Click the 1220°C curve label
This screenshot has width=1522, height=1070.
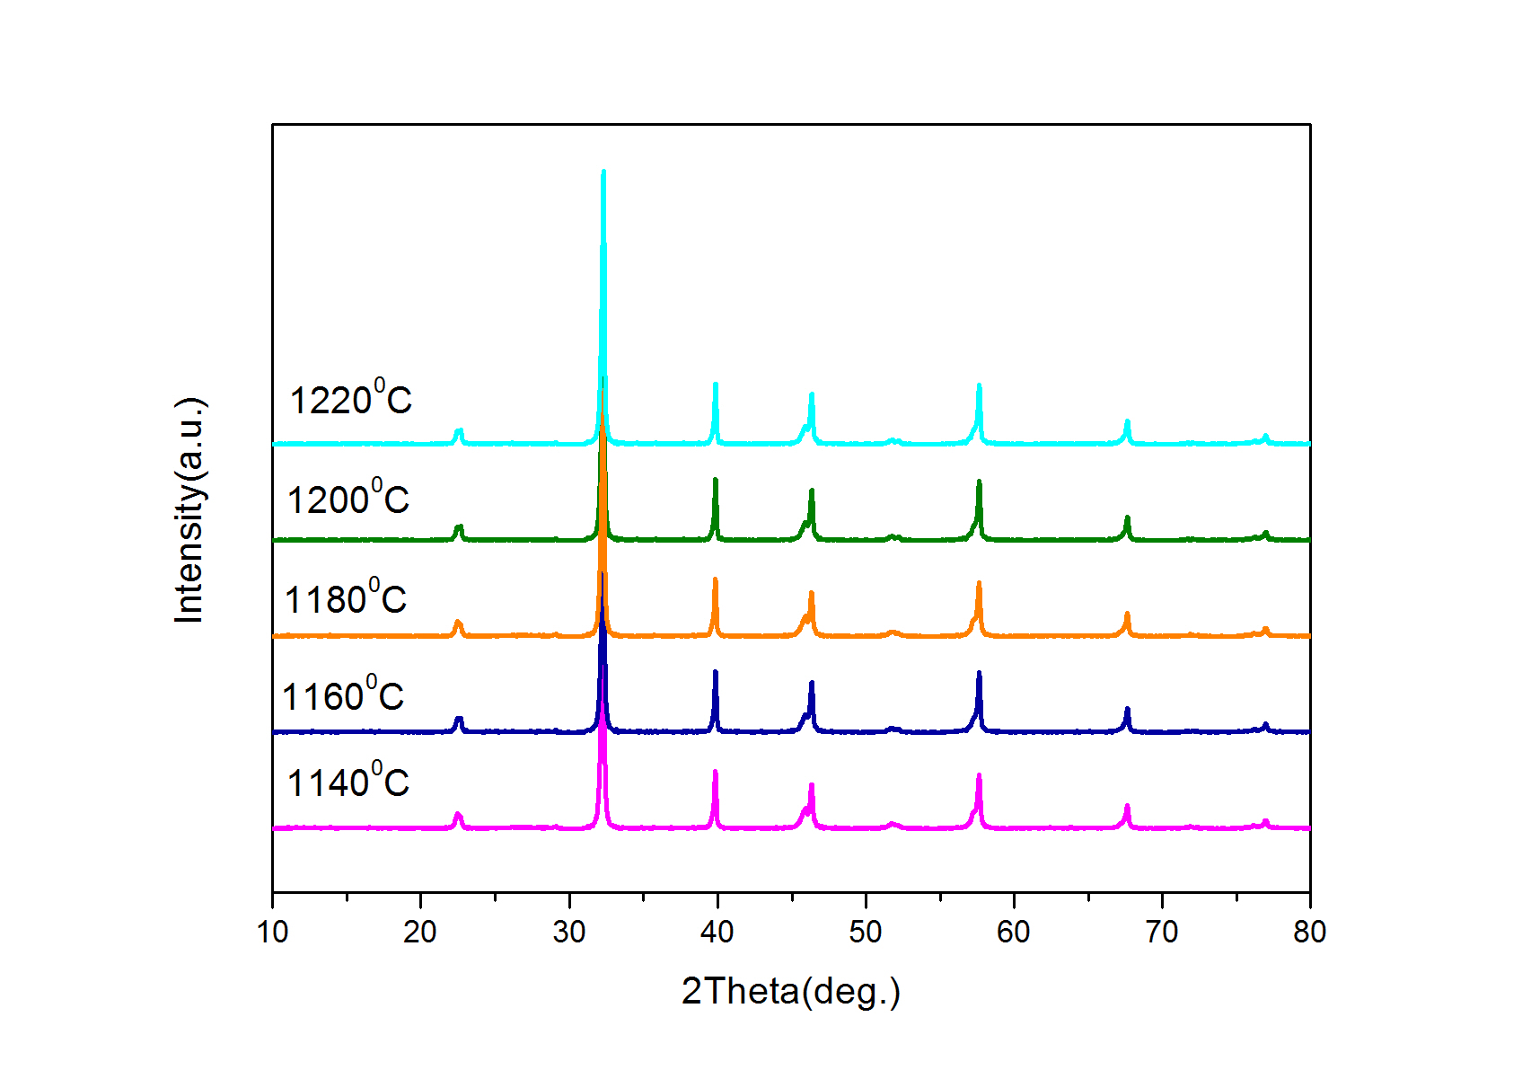(x=350, y=398)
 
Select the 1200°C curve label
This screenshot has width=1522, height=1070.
(x=348, y=498)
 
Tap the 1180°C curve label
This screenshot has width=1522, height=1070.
(x=345, y=597)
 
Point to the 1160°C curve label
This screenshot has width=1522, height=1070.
(x=343, y=694)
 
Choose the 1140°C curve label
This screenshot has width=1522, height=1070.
(x=348, y=781)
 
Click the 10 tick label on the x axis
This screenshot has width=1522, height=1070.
(x=272, y=933)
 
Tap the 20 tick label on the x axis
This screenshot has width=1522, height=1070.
(x=420, y=933)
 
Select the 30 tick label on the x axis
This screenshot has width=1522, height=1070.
(x=568, y=933)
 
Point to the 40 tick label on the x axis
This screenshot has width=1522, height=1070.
(x=717, y=933)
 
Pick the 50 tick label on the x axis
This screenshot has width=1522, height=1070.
(x=865, y=933)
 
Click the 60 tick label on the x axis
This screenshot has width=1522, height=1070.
(x=1013, y=933)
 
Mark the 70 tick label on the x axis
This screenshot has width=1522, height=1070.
(x=1161, y=933)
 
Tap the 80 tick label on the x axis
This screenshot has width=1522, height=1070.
(x=1309, y=933)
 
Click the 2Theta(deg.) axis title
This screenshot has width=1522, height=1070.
(x=790, y=992)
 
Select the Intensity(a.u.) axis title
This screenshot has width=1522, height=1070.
(x=190, y=509)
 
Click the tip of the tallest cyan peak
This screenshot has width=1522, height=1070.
(x=603, y=171)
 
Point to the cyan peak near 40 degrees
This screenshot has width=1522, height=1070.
(x=716, y=385)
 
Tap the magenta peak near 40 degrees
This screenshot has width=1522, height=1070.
(x=716, y=772)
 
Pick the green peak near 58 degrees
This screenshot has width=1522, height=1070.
(x=979, y=482)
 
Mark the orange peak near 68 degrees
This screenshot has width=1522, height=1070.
(x=1127, y=614)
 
